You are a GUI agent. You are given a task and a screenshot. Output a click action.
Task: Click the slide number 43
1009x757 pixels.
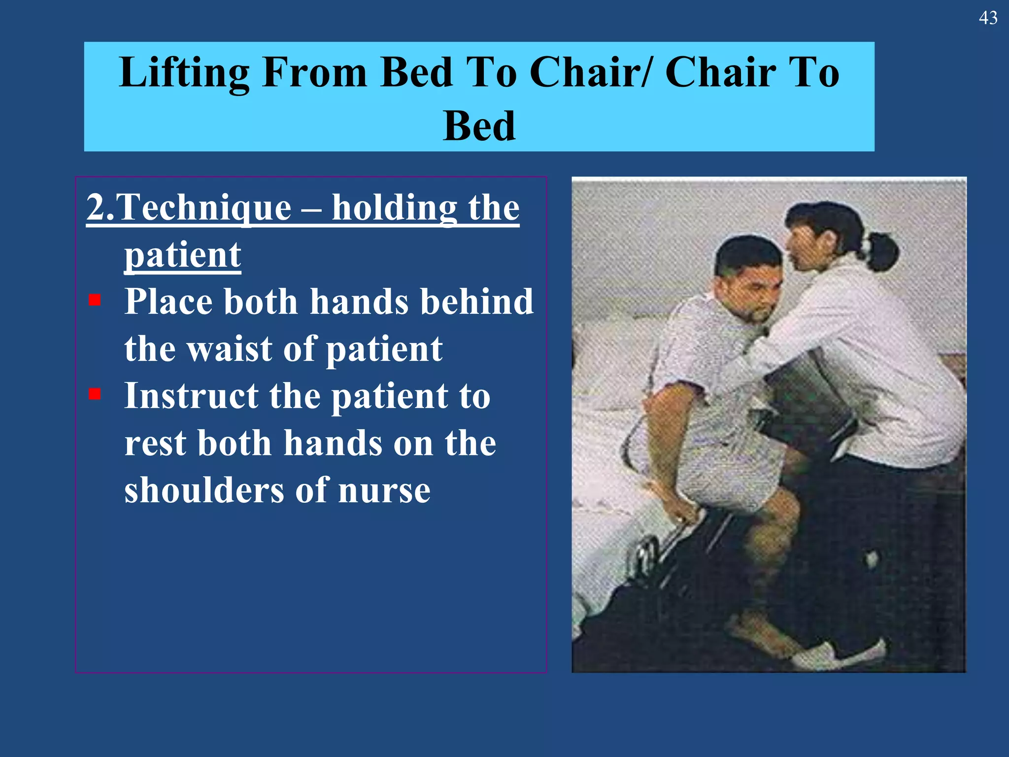988,18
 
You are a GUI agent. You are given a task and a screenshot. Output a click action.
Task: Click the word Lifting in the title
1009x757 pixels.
184,73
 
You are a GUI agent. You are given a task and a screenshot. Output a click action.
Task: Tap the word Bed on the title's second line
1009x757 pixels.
479,127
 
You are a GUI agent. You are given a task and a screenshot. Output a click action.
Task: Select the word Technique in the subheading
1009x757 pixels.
203,207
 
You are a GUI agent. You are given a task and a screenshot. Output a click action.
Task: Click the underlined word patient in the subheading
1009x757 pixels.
182,255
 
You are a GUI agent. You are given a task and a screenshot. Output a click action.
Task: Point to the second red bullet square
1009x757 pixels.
95,394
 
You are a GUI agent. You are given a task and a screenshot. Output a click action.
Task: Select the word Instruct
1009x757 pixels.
191,396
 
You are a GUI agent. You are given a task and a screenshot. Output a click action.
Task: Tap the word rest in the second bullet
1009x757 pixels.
155,443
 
